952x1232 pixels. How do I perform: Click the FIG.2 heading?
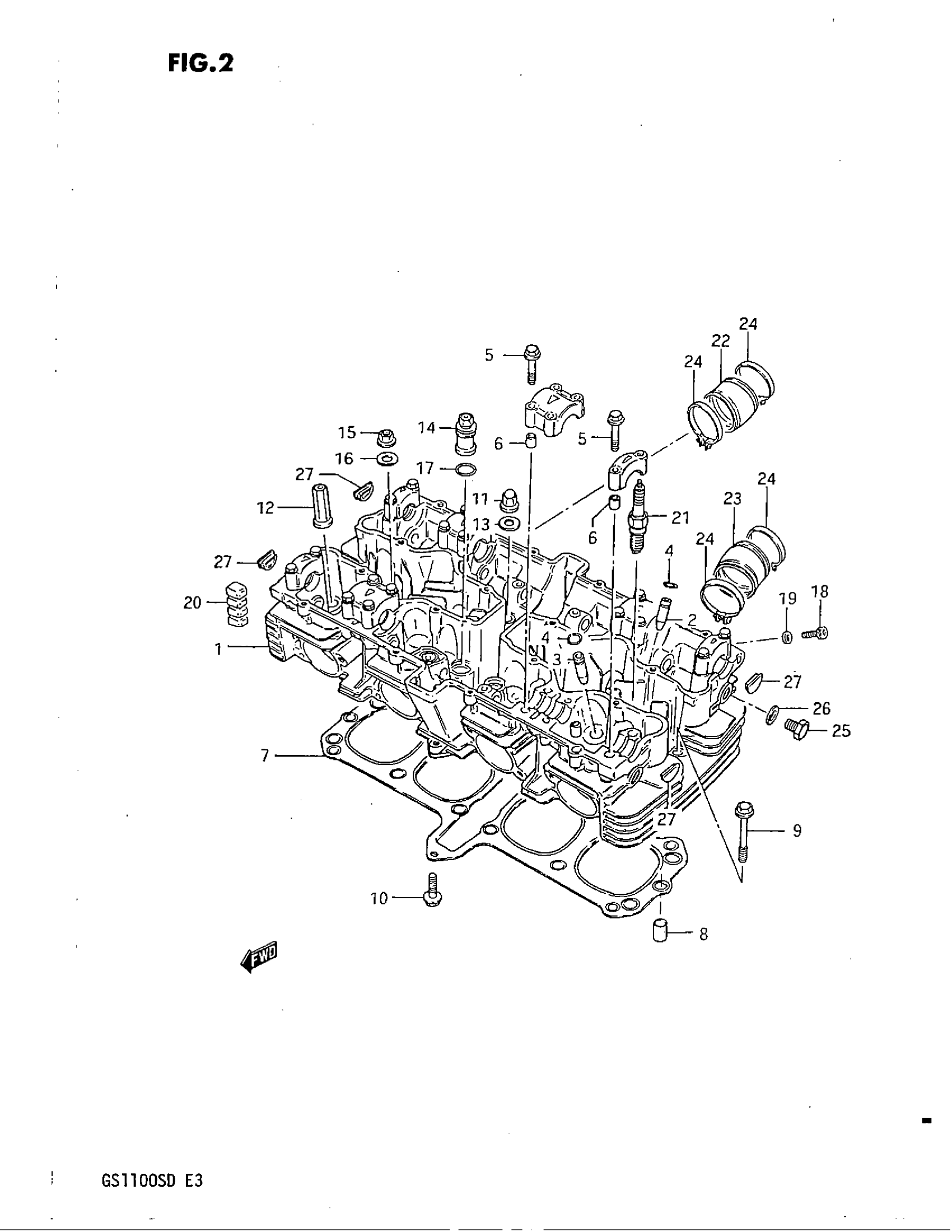200,63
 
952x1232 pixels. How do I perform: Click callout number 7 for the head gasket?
265,755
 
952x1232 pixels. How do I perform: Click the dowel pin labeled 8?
659,930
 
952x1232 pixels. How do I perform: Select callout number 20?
192,603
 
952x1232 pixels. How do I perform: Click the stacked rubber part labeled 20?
237,604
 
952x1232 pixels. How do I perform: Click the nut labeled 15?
386,437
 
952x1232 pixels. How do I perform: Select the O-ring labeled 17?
464,468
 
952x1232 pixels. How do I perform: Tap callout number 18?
820,592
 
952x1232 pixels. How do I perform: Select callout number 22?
721,340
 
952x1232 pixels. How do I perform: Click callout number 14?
427,428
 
